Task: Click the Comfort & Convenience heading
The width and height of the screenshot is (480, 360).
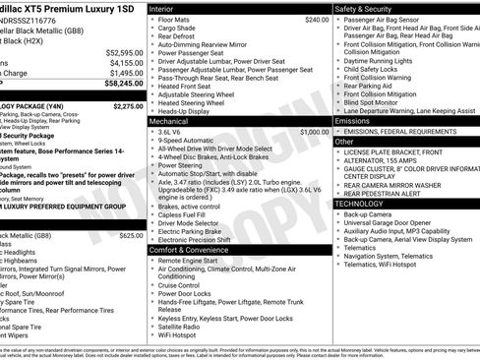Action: pos(195,250)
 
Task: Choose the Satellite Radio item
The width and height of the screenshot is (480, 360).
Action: pos(184,327)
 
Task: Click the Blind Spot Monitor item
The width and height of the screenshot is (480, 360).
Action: pos(378,102)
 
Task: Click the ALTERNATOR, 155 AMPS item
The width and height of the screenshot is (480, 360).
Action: pos(391,160)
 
